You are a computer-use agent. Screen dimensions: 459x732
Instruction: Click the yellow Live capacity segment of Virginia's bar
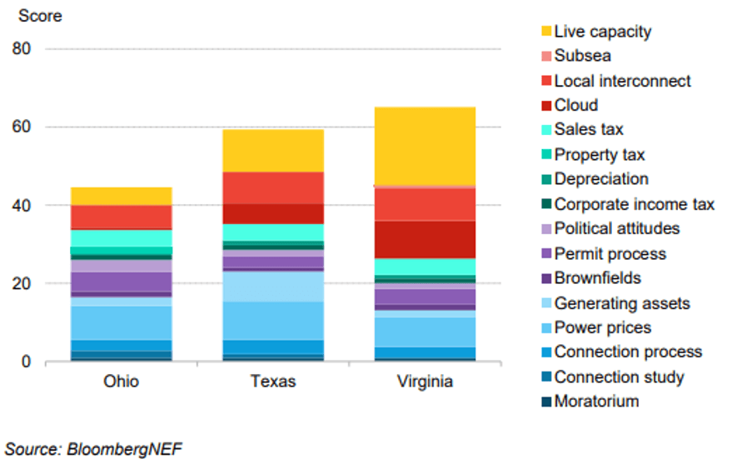pyautogui.click(x=425, y=146)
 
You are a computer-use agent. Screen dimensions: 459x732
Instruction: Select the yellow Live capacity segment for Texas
pyautogui.click(x=272, y=151)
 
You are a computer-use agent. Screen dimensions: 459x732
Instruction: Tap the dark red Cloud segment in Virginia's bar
pyautogui.click(x=425, y=239)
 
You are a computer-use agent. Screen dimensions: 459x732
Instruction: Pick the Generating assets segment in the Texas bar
pyautogui.click(x=272, y=287)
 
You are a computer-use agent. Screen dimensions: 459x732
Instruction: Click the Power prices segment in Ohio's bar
pyautogui.click(x=121, y=322)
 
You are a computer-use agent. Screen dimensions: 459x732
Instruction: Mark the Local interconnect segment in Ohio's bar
pyautogui.click(x=121, y=217)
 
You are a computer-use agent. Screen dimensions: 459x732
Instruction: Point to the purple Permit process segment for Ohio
pyautogui.click(x=121, y=282)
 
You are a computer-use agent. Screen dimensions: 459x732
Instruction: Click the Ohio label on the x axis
pyautogui.click(x=121, y=382)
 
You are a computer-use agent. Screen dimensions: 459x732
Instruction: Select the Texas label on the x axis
pyautogui.click(x=272, y=382)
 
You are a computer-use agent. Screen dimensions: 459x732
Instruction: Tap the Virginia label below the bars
pyautogui.click(x=425, y=382)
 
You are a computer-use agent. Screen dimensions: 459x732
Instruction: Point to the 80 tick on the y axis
pyautogui.click(x=22, y=49)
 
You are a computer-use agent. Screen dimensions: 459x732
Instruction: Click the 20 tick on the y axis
pyautogui.click(x=22, y=284)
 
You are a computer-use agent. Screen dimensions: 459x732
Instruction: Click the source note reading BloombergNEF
pyautogui.click(x=93, y=448)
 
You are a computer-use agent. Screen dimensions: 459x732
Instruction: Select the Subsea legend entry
pyautogui.click(x=582, y=56)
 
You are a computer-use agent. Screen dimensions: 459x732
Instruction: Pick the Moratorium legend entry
pyautogui.click(x=596, y=402)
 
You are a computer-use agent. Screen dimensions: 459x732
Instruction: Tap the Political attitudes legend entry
pyautogui.click(x=616, y=228)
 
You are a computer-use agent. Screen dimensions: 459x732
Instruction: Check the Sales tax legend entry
pyautogui.click(x=588, y=130)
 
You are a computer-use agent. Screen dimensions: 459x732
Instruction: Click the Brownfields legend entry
pyautogui.click(x=597, y=278)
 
